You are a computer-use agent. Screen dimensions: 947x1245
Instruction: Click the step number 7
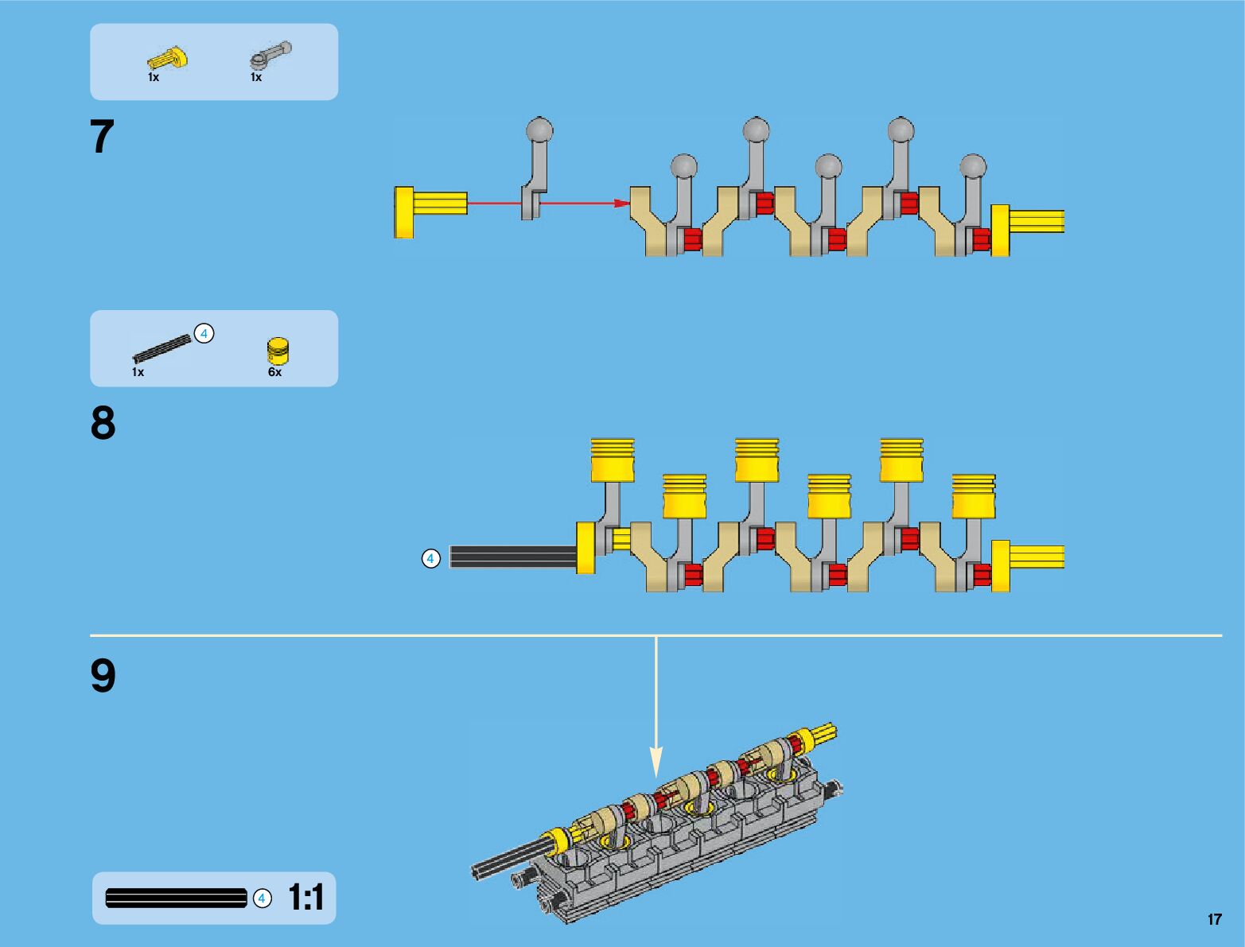point(103,137)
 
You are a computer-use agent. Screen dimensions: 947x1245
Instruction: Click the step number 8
point(103,423)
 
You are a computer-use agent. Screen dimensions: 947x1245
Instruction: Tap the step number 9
point(103,677)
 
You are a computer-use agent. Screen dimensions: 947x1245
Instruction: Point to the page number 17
point(1214,919)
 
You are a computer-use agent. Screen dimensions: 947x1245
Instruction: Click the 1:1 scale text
point(306,898)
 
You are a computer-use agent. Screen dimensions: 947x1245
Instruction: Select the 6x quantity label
point(274,372)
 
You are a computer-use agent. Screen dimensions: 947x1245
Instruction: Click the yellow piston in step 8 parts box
point(278,351)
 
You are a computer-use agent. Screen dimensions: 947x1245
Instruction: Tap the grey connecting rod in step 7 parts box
point(270,56)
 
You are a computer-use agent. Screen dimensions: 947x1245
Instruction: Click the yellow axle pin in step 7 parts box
point(168,59)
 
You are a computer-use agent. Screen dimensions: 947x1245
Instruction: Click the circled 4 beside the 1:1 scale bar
point(262,898)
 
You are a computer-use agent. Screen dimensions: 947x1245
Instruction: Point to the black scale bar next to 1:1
point(176,898)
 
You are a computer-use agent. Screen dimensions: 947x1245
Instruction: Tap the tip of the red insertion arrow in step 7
point(627,203)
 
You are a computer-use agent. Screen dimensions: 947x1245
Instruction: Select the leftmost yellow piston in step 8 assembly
point(613,460)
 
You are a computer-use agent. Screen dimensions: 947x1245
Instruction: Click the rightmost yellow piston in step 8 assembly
point(974,496)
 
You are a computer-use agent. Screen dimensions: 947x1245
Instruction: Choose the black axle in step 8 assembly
point(513,557)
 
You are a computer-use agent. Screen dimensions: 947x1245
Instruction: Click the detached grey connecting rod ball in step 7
point(539,130)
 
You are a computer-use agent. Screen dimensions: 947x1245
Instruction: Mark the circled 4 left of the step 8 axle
point(430,559)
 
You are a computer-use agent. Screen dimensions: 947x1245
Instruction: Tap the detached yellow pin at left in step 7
point(430,212)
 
